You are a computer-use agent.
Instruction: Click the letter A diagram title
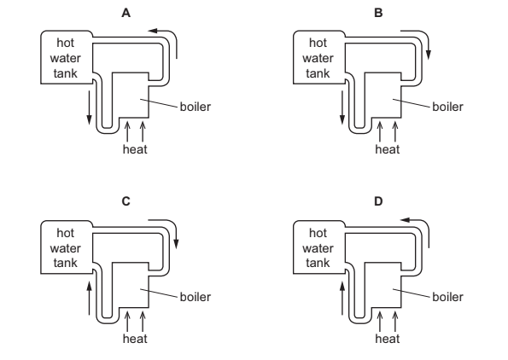coord(126,13)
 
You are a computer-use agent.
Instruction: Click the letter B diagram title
coord(378,13)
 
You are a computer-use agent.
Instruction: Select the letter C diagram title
coord(126,201)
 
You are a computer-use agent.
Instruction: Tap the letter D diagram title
coord(378,201)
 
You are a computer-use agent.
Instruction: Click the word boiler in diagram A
coord(195,107)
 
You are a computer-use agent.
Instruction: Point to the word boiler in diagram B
coord(447,107)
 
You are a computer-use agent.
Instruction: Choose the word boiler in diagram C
coord(195,297)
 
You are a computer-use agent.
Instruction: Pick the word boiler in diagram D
coord(447,297)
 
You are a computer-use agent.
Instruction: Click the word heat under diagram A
coord(135,149)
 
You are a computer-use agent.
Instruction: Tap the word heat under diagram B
coord(388,149)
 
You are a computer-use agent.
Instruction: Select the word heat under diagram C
coord(135,339)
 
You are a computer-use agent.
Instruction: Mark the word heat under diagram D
coord(388,339)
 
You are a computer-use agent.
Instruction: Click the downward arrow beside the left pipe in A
coord(90,107)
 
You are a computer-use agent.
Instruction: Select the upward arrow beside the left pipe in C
coord(90,298)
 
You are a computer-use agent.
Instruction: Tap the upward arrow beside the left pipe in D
coord(342,298)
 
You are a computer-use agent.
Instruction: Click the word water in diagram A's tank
coord(66,58)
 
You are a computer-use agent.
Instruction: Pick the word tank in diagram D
coord(318,263)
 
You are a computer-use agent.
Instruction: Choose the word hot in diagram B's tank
coord(318,43)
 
